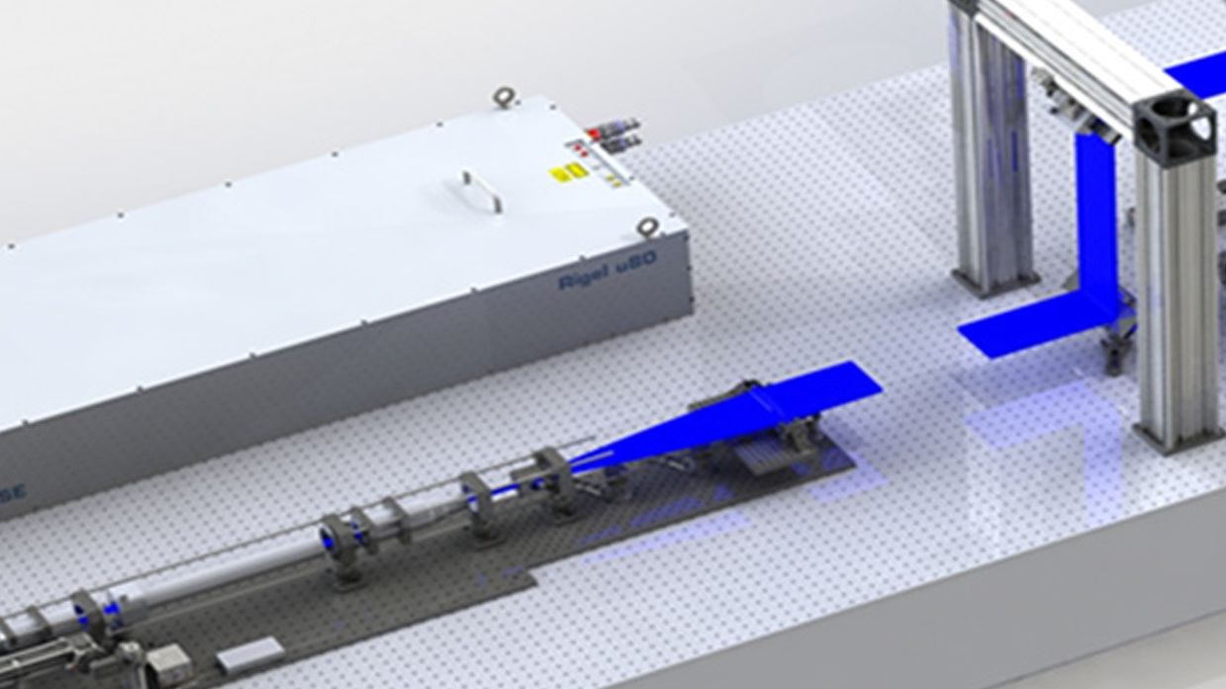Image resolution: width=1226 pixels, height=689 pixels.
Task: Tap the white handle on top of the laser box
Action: (x=482, y=191)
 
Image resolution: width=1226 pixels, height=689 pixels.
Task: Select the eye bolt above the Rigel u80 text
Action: (x=648, y=225)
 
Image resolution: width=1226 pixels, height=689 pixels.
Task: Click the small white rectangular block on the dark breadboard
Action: (x=248, y=655)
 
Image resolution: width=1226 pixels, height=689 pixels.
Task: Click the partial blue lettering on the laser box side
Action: (x=15, y=491)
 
